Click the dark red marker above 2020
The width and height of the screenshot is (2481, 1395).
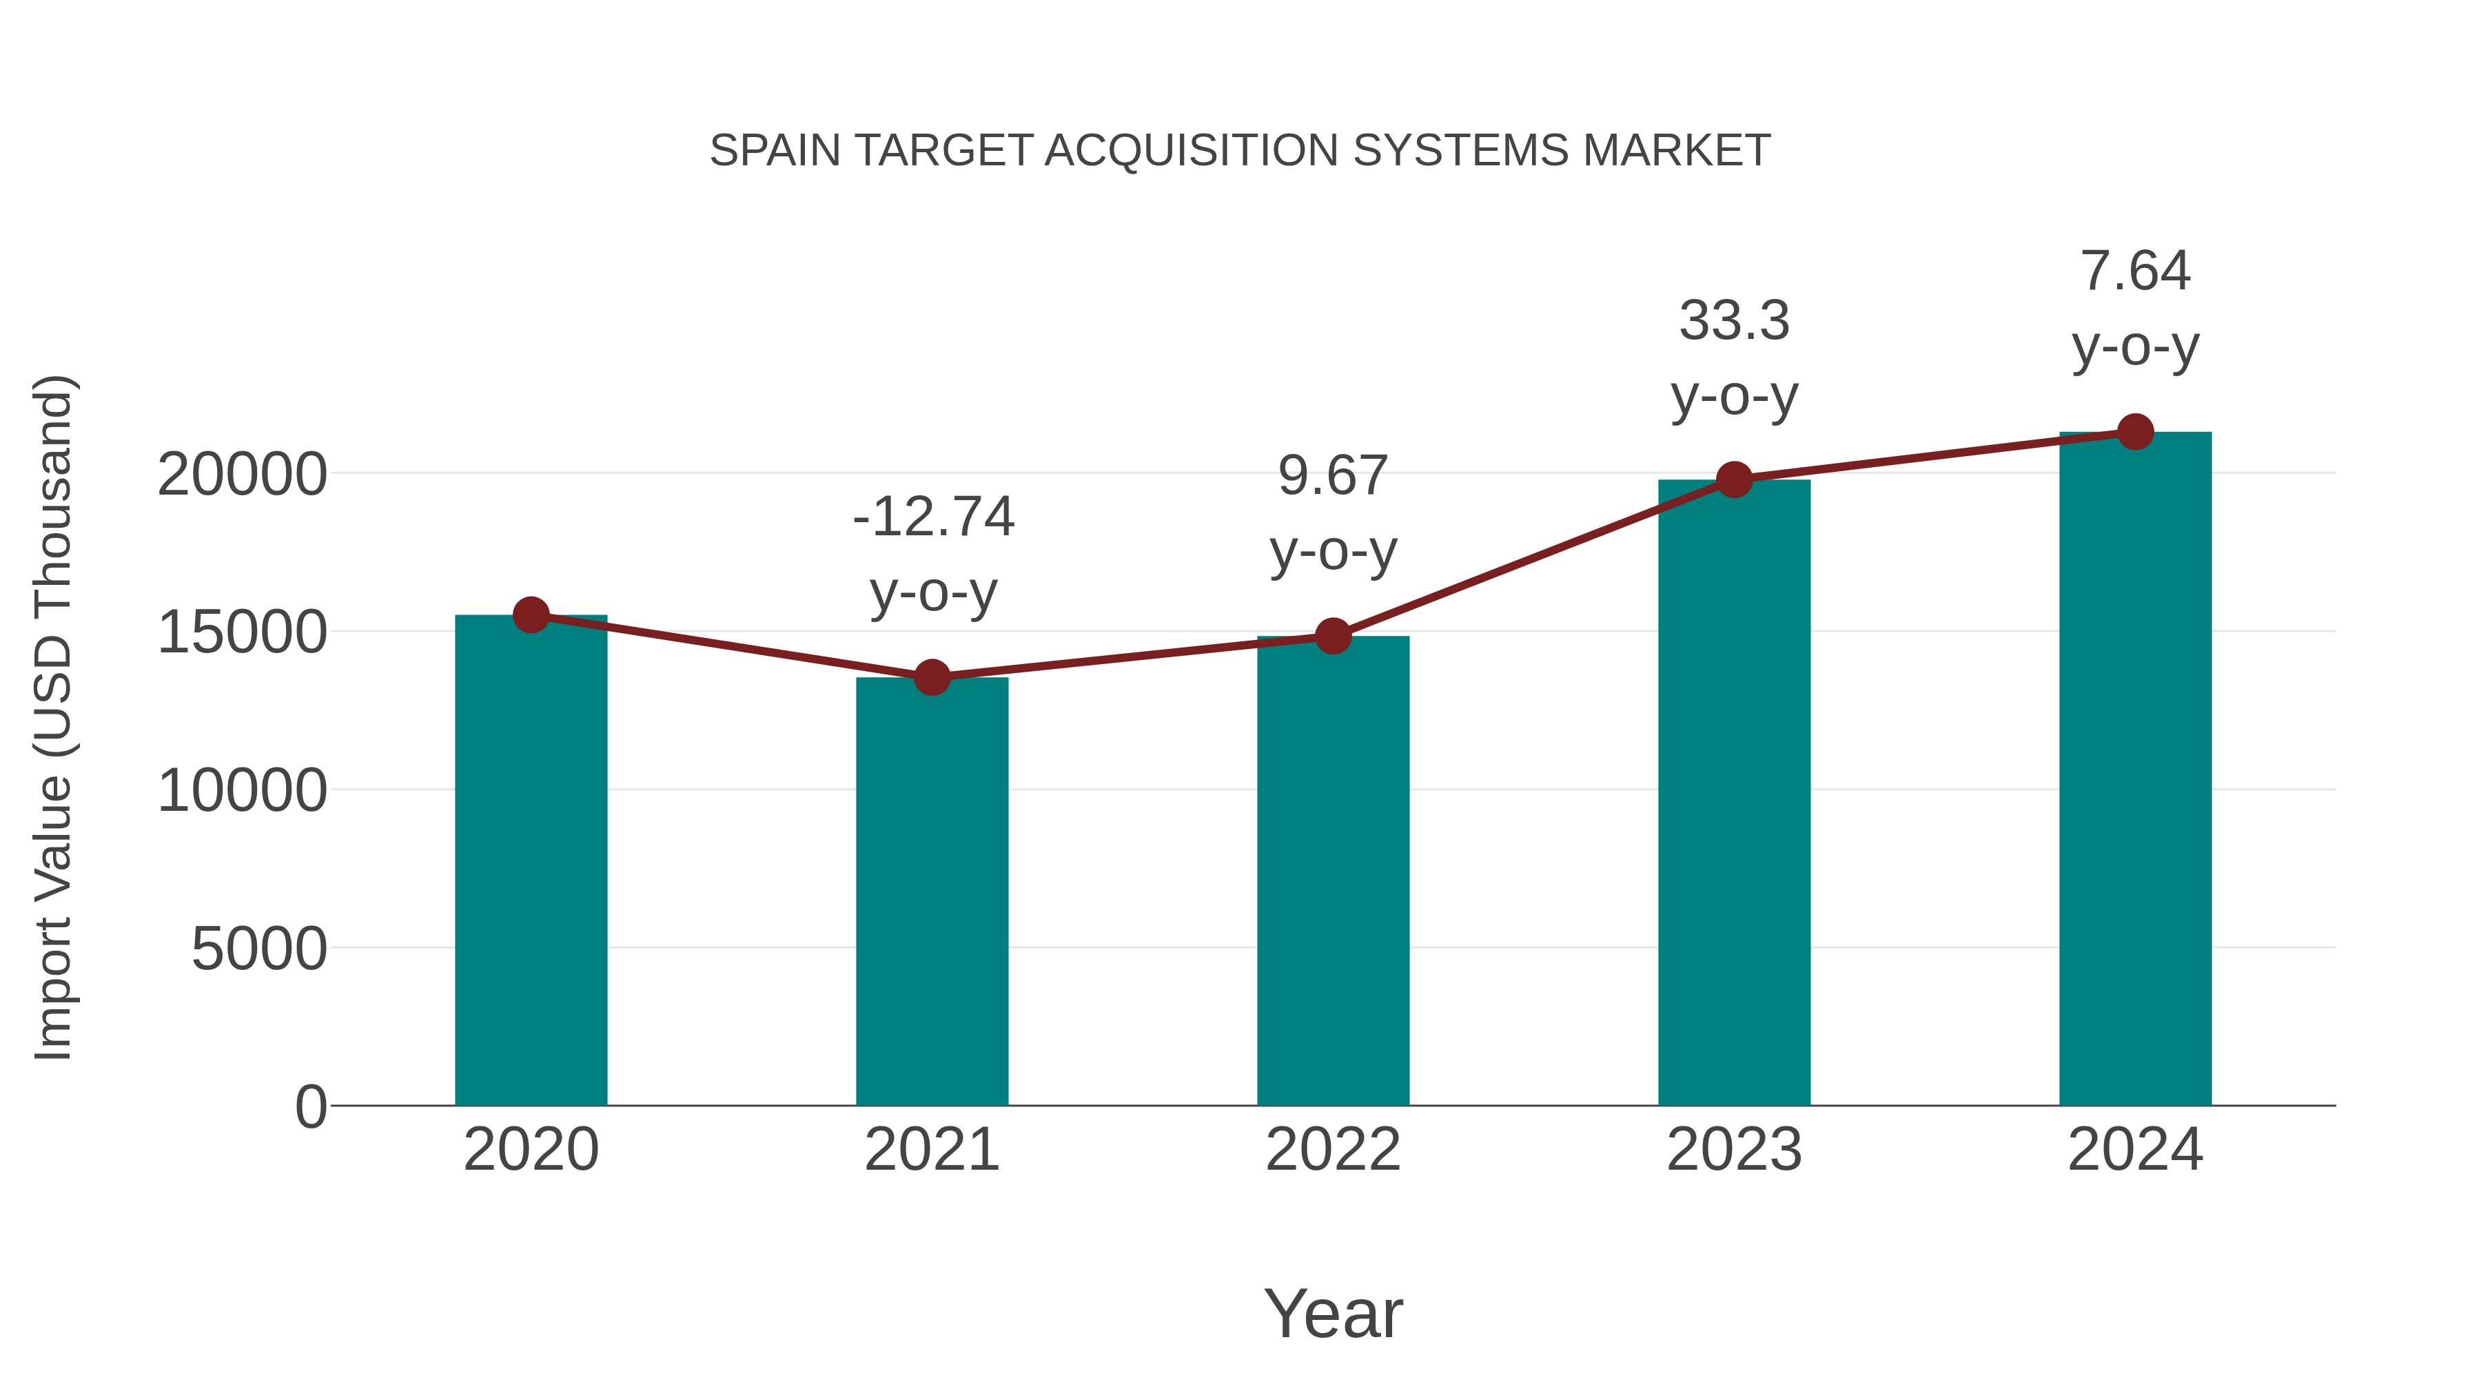coord(531,614)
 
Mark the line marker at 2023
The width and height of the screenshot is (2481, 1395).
coord(1734,479)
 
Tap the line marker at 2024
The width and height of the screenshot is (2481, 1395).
coord(2135,432)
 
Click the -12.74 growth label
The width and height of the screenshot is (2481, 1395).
coord(933,517)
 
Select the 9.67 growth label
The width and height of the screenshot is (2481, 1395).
coord(1333,475)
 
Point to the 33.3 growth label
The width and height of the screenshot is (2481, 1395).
coord(1734,320)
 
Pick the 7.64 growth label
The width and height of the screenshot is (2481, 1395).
coord(2135,271)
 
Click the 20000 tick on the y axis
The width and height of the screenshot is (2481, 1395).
coord(242,475)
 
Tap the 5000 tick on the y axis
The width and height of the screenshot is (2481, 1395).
coord(259,949)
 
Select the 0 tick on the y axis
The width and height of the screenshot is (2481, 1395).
coord(310,1107)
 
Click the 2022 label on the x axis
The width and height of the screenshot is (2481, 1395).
coord(1333,1150)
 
